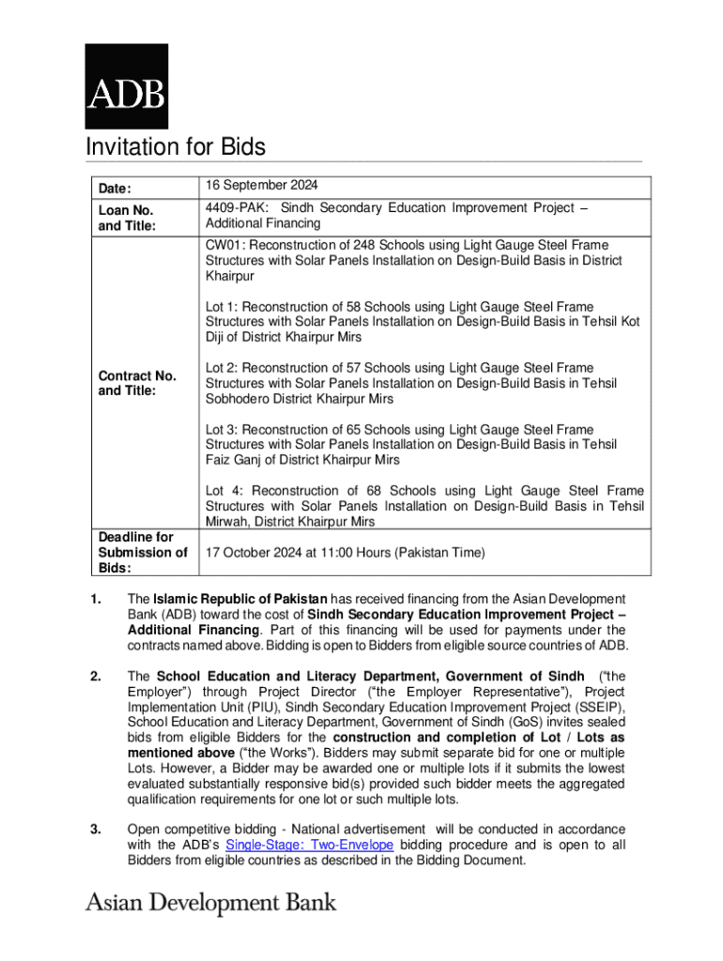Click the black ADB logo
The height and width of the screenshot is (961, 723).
tap(127, 86)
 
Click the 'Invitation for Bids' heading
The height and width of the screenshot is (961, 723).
tap(176, 147)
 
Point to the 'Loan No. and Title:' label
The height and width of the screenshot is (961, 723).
tap(126, 218)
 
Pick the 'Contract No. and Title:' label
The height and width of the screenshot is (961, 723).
tap(137, 383)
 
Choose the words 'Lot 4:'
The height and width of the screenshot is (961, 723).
tap(224, 491)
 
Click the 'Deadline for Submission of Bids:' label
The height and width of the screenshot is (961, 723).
tap(143, 552)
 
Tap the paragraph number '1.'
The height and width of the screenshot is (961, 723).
tap(95, 599)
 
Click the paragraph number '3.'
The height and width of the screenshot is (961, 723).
tap(95, 829)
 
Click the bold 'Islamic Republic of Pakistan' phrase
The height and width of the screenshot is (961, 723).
tap(240, 599)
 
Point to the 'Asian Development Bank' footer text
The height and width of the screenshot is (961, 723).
tap(210, 903)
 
